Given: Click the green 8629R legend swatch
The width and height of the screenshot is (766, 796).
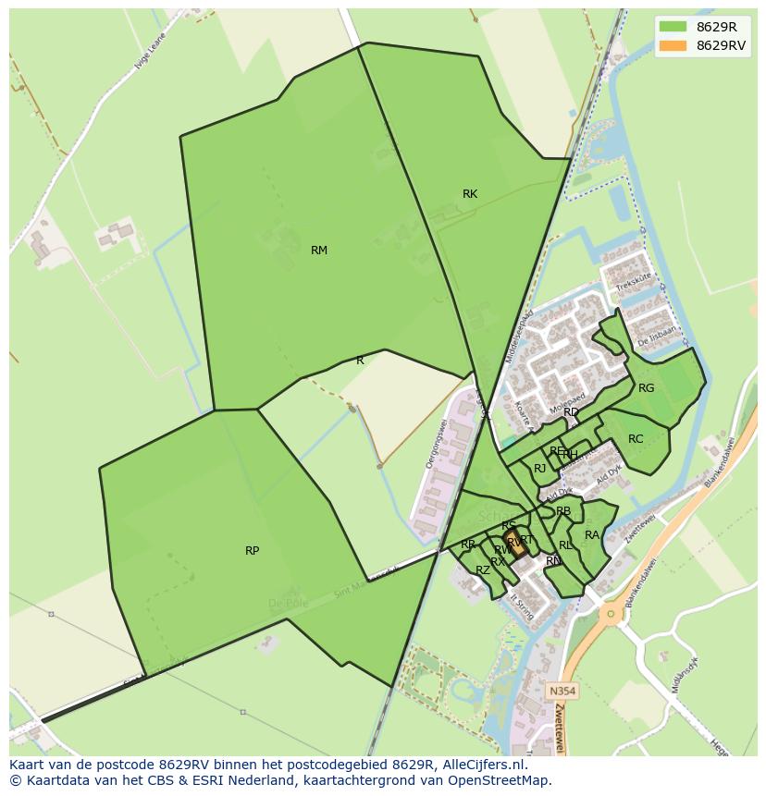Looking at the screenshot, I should tap(673, 26).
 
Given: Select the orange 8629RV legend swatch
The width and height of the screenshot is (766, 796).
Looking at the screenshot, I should tap(673, 45).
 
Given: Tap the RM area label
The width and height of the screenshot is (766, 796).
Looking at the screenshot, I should tap(319, 251).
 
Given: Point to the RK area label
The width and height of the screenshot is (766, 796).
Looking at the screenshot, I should tap(470, 194).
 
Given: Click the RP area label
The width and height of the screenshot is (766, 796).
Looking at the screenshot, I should tap(252, 551).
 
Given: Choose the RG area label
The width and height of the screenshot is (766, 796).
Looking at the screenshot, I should tap(646, 388).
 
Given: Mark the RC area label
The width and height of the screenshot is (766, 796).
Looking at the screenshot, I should tap(636, 439).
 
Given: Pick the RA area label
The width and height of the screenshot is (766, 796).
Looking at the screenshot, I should tap(592, 535).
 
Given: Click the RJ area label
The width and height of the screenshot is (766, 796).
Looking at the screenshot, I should tap(539, 469).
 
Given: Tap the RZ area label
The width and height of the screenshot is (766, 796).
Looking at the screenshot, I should tap(483, 570).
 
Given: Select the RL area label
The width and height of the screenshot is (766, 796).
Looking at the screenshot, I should tap(565, 545).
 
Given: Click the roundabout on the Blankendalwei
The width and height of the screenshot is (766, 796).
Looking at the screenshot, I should tap(610, 612).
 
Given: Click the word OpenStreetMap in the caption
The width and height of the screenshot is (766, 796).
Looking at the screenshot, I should tap(505, 780).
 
